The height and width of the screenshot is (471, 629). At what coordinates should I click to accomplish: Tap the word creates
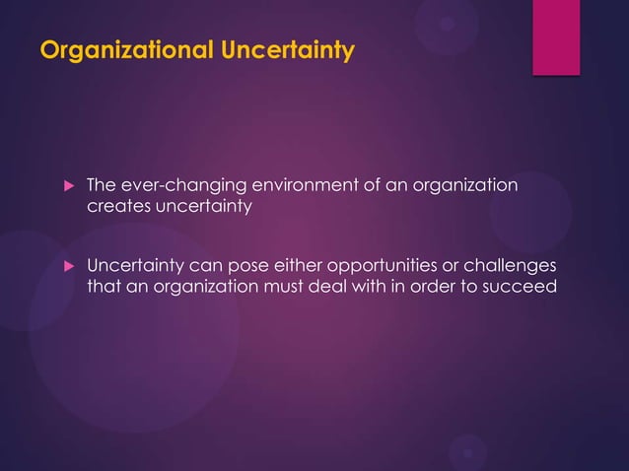point(117,206)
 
